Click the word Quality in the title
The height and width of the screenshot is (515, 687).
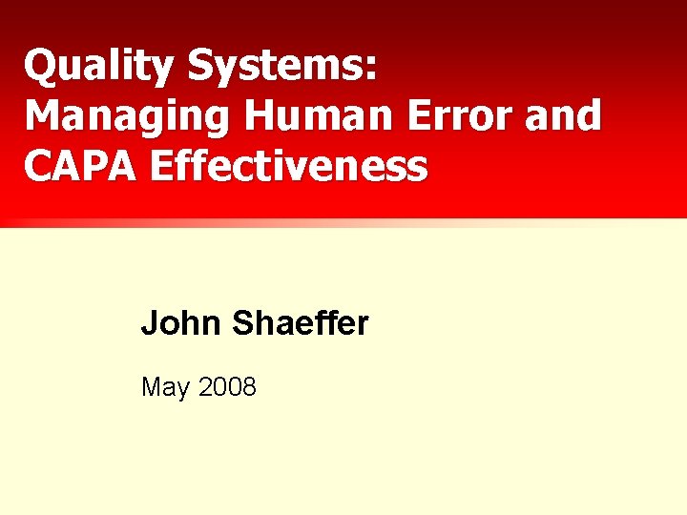coord(99,67)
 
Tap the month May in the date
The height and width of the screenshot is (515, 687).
coord(164,388)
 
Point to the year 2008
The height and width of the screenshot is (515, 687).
coord(228,386)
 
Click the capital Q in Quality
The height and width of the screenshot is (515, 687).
coord(40,66)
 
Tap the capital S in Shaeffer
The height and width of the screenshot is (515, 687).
coord(241,324)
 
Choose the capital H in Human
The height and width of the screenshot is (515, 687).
coord(260,115)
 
